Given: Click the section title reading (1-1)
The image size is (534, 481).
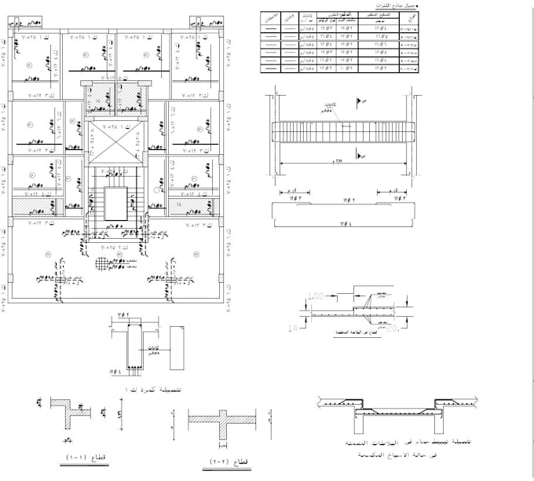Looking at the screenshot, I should pos(76,457).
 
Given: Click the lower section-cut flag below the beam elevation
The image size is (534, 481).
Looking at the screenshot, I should pos(361,157).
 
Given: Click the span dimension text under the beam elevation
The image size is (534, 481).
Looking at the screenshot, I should pos(339,163).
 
